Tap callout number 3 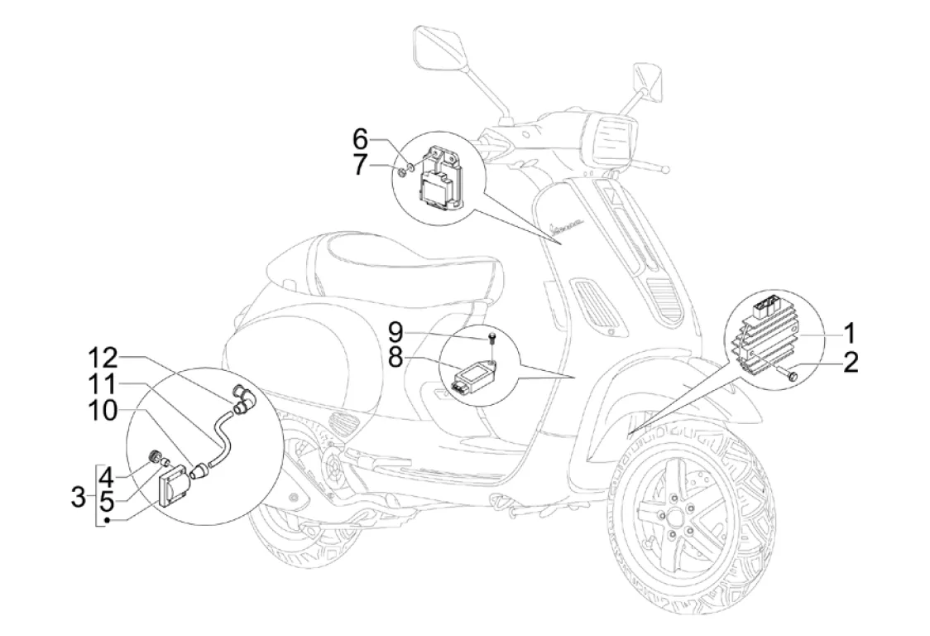pos(78,498)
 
